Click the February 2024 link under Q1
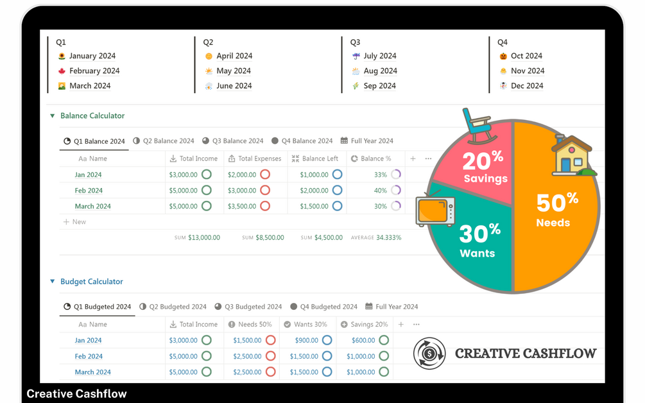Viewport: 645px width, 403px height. coord(94,71)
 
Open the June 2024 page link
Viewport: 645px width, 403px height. coord(234,85)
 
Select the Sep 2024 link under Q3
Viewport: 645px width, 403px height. coord(379,85)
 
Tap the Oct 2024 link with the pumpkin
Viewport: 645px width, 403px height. coord(526,56)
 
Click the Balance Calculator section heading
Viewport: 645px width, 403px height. coord(92,116)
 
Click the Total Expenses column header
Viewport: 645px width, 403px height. coord(259,159)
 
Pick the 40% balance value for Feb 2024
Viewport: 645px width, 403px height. coord(381,191)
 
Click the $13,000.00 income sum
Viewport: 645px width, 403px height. coord(204,237)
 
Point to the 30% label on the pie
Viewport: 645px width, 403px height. coord(479,233)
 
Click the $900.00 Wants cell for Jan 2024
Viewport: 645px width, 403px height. coord(307,340)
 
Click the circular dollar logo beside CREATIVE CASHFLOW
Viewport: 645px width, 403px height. coord(429,354)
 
